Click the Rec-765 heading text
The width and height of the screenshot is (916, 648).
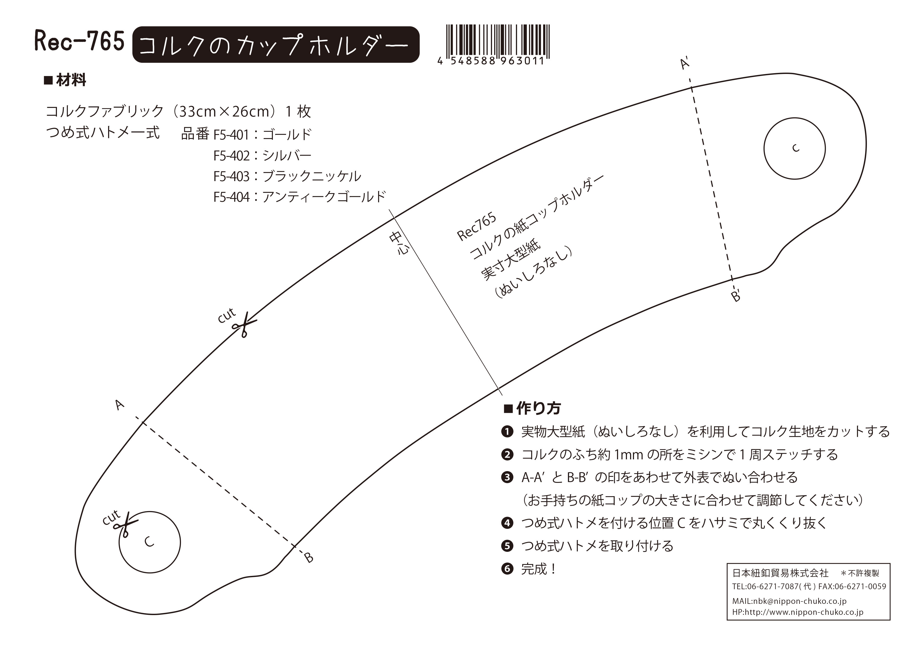coord(79,42)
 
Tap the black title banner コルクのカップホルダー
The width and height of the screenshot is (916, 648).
coord(276,45)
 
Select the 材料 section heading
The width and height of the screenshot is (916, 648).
coord(65,81)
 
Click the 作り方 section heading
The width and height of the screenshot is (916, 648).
coord(533,408)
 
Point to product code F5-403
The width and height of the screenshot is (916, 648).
coord(231,176)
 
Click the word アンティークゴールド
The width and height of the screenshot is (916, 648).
coord(324,196)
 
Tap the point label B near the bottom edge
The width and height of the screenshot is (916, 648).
coord(309,557)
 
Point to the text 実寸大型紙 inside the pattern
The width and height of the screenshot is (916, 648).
coord(511,259)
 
